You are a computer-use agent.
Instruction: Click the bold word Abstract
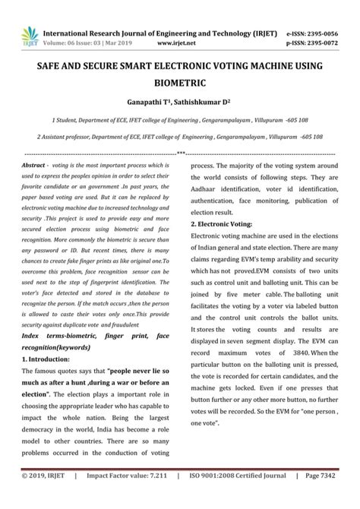[x=34, y=165]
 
